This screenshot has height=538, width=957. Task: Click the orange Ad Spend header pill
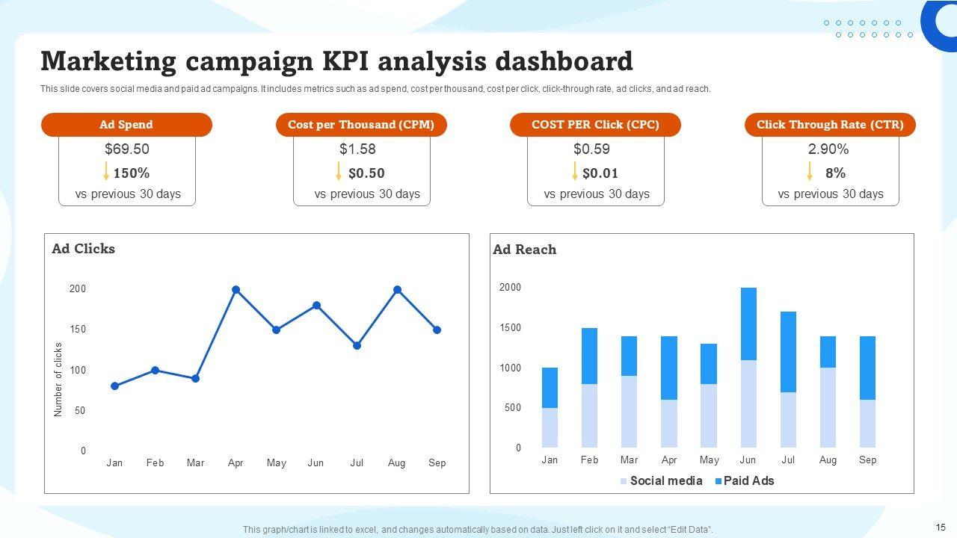[x=126, y=125]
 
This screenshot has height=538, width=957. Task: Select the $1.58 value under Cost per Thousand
[x=357, y=149]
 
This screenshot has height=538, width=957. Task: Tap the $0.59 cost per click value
[x=591, y=149]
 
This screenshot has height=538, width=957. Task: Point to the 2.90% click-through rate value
[x=828, y=149]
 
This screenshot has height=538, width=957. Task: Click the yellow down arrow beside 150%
[x=106, y=172]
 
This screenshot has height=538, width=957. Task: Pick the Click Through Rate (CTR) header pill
[x=830, y=125]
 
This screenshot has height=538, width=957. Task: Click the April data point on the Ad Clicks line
[x=236, y=290]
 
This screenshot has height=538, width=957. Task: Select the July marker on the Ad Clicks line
[x=357, y=346]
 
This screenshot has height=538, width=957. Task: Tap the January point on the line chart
[x=114, y=386]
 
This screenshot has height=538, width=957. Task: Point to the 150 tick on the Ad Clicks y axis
[x=78, y=330]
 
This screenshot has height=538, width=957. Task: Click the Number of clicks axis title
[x=58, y=380]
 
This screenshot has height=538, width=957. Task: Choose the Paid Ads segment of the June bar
[x=748, y=324]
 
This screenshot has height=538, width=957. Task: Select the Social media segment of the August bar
[x=828, y=407]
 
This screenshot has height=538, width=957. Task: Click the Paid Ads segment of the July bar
[x=788, y=352]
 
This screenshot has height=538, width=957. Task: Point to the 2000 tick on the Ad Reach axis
[x=510, y=288]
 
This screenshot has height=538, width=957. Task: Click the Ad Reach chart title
[x=524, y=250]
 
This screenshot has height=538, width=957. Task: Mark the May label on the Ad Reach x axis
[x=709, y=460]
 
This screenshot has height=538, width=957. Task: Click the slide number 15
[x=940, y=527]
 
